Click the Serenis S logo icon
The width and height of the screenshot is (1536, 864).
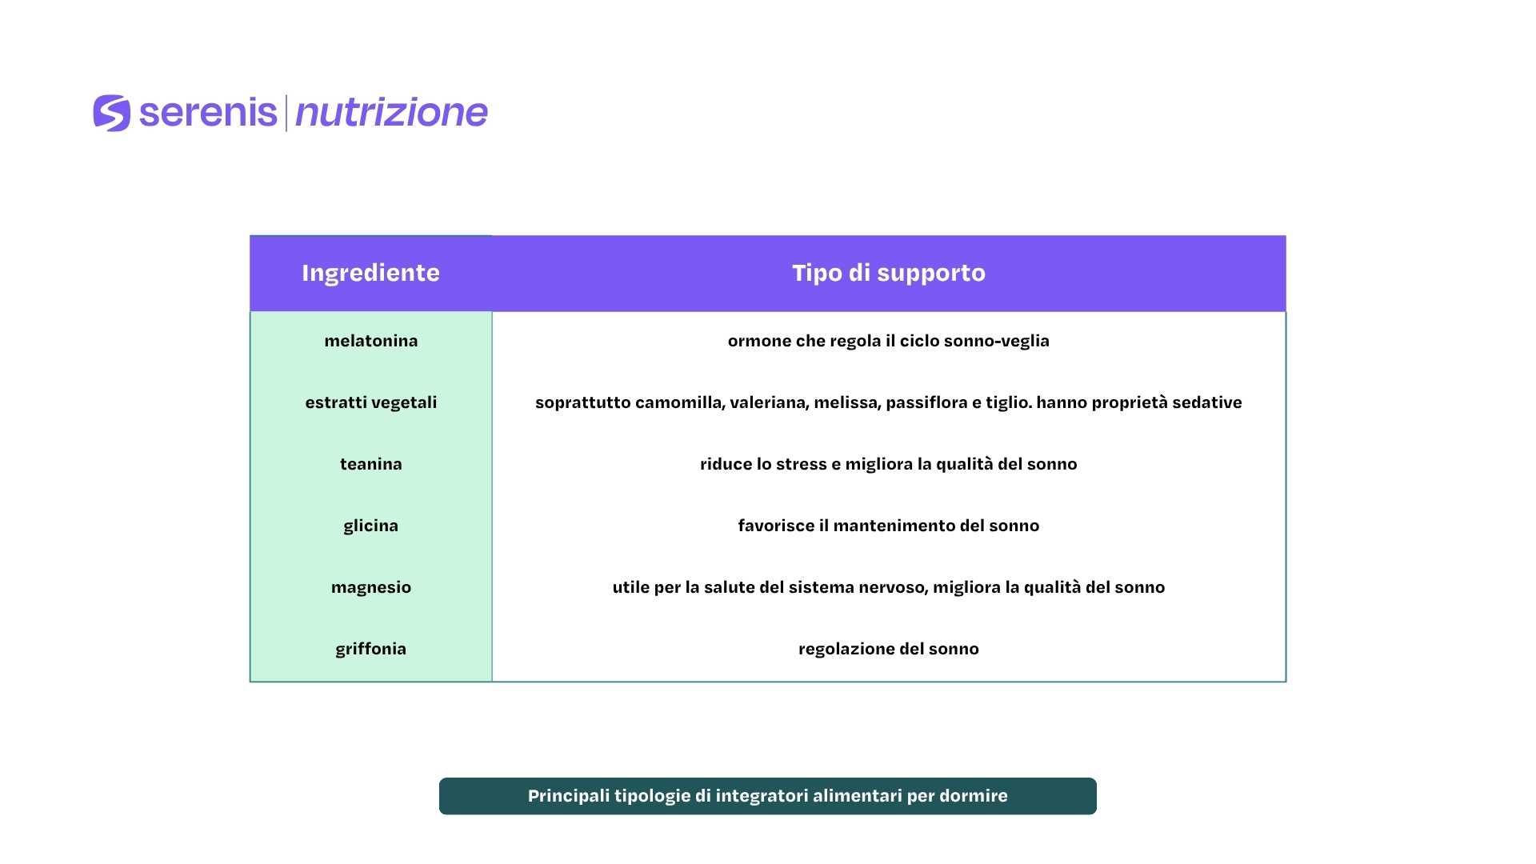pyautogui.click(x=112, y=113)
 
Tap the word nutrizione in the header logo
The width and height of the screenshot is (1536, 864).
pyautogui.click(x=391, y=113)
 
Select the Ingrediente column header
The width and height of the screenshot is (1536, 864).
pyautogui.click(x=370, y=273)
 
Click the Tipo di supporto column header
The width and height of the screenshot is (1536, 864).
pyautogui.click(x=889, y=273)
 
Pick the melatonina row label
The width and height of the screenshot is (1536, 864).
pyautogui.click(x=371, y=341)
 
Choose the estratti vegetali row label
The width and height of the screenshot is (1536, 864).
pyautogui.click(x=371, y=402)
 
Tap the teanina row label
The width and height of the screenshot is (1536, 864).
pyautogui.click(x=371, y=464)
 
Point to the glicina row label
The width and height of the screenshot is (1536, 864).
pyautogui.click(x=371, y=526)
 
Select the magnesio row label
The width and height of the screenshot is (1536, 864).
pyautogui.click(x=371, y=587)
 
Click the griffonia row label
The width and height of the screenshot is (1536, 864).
pyautogui.click(x=371, y=649)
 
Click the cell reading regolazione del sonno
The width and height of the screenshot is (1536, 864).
pyautogui.click(x=889, y=649)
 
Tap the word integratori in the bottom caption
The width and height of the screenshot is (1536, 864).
pyautogui.click(x=762, y=796)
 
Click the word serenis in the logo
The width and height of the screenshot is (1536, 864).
pyautogui.click(x=208, y=113)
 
